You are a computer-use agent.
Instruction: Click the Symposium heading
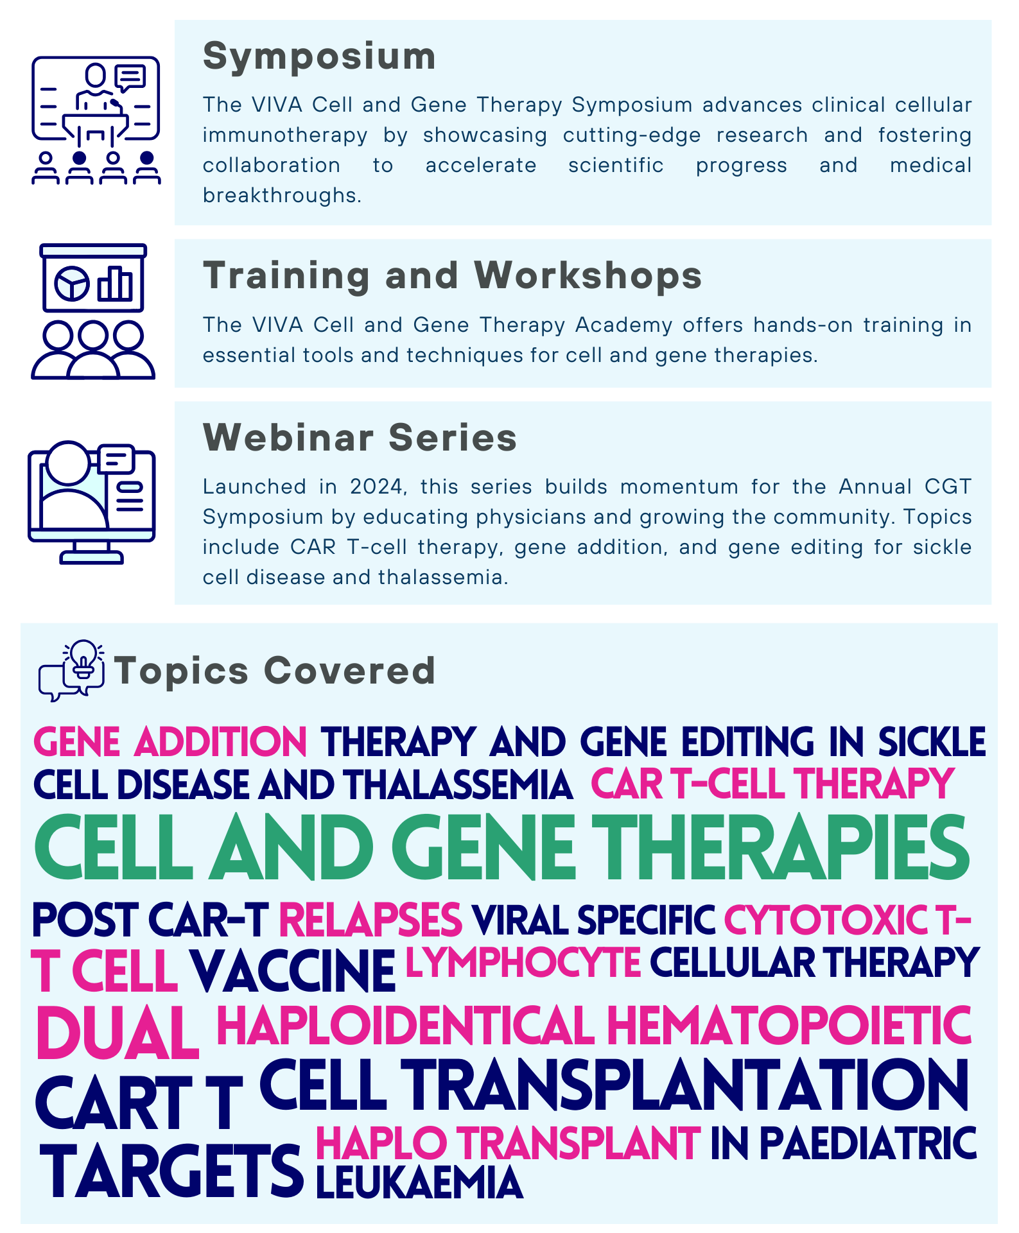click(x=319, y=57)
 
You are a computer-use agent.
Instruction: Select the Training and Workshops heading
click(x=453, y=276)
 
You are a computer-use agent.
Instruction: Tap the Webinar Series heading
click(x=360, y=438)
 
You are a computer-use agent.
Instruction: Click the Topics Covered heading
click(x=275, y=671)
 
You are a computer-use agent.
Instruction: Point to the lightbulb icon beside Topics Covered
click(x=83, y=659)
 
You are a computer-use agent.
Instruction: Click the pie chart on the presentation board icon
click(x=72, y=283)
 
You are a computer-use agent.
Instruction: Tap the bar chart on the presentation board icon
click(x=116, y=284)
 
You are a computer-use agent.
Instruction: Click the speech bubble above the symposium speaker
click(x=130, y=78)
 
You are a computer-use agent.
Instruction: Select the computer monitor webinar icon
click(x=92, y=503)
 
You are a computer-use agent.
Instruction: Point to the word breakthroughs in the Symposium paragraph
click(x=282, y=196)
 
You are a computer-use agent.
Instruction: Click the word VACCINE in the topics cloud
click(x=292, y=971)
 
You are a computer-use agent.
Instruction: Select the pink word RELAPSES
click(x=370, y=920)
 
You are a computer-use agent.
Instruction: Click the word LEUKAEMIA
click(x=419, y=1182)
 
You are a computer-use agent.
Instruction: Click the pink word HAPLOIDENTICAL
click(x=406, y=1025)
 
